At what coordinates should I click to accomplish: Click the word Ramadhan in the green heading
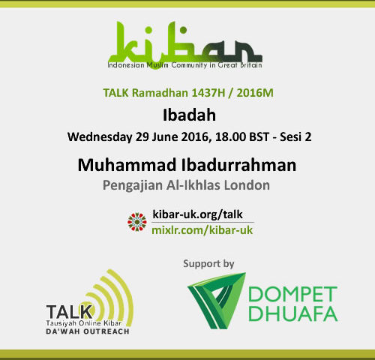coord(160,93)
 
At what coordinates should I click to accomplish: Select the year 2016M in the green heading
coord(255,93)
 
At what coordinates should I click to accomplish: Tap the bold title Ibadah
coord(189,115)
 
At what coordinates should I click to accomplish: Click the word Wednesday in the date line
coord(100,137)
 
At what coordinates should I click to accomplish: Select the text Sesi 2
coord(295,137)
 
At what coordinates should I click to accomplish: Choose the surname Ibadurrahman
coord(238,165)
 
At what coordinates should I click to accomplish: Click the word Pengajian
coord(133,186)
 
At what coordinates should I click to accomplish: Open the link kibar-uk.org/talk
coord(197,214)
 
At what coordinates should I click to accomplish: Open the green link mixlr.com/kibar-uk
coord(202,230)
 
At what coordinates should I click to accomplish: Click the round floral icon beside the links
coord(137,222)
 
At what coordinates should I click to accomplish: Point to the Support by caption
coord(208,264)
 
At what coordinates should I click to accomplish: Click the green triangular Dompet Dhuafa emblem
coord(216,301)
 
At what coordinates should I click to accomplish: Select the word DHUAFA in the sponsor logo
coord(293,313)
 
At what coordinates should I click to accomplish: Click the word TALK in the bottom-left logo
coord(69,312)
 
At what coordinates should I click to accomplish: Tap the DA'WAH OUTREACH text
coord(88,331)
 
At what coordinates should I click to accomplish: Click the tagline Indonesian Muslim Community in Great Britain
coord(185,65)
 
